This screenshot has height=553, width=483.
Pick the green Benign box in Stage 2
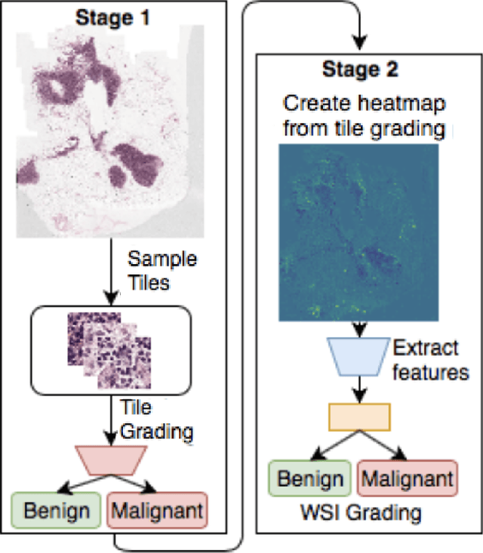pos(309,478)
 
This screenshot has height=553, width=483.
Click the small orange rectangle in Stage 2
pos(358,416)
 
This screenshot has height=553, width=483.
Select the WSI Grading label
pos(358,514)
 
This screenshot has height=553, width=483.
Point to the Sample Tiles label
pos(162,270)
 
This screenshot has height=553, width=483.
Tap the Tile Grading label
pos(155,419)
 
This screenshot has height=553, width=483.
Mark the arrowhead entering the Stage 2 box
pos(358,42)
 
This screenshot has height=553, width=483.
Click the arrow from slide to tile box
pos(110,272)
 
